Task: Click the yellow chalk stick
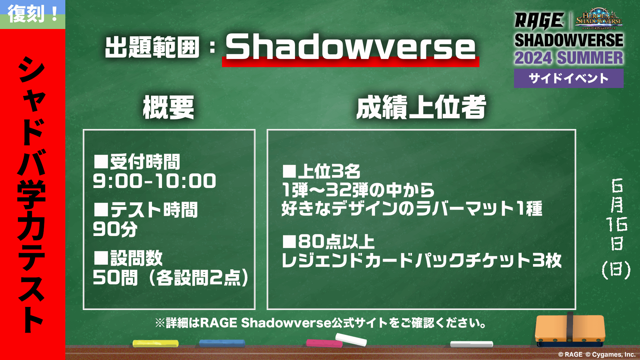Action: click(155, 343)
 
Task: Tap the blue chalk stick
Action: click(222, 343)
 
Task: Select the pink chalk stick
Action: click(324, 343)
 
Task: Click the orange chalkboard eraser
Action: click(570, 330)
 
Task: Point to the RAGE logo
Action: click(539, 21)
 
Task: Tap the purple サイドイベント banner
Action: click(569, 78)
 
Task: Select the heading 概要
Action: click(168, 107)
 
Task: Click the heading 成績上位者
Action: click(421, 107)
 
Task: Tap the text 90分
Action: click(115, 229)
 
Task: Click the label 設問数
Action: click(137, 258)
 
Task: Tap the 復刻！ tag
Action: click(33, 14)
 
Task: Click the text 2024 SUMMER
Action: click(569, 58)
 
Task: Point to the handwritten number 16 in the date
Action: click(617, 224)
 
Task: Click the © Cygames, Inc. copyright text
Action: click(611, 355)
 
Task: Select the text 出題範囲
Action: click(152, 47)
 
